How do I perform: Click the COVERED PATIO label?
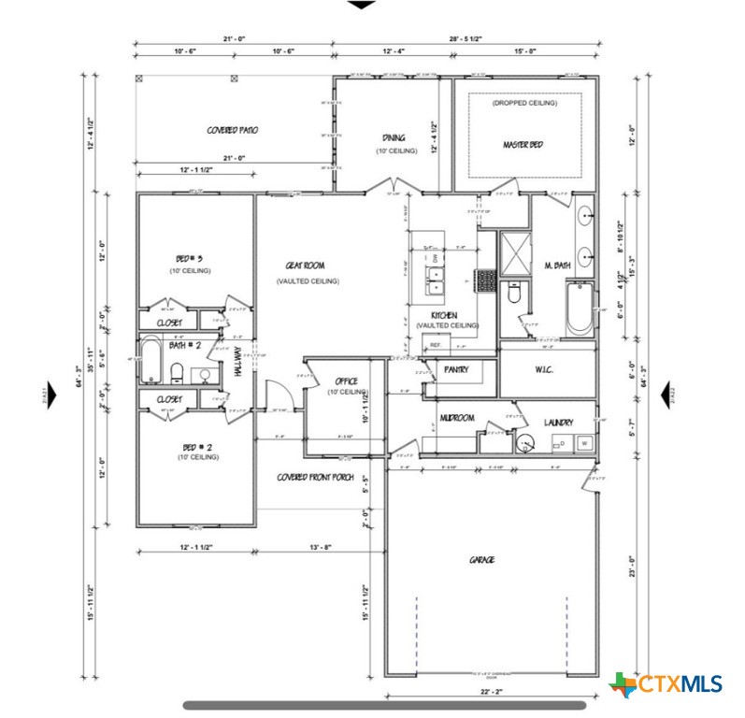point(232,130)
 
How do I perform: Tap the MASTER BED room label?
point(523,145)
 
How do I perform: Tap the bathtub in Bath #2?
point(150,362)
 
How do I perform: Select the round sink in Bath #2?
point(203,374)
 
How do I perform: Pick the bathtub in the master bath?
point(579,308)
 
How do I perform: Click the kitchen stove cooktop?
point(485,280)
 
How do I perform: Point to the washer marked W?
point(584,442)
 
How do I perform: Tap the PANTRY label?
point(456,369)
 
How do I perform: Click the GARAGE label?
point(481,560)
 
